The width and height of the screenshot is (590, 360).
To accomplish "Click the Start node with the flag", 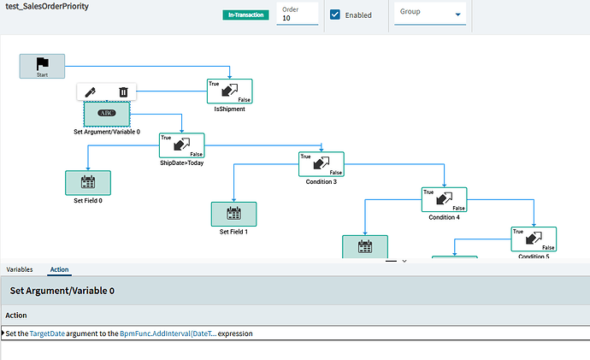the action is click(x=42, y=66).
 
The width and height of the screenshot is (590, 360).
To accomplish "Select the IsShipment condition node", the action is click(x=229, y=91).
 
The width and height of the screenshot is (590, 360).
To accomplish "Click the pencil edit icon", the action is click(x=91, y=92).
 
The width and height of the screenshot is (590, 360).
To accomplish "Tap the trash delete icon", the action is click(x=123, y=92).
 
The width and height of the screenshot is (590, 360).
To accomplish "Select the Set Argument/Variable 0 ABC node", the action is click(x=107, y=114).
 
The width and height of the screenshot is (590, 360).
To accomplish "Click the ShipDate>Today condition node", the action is click(x=182, y=145).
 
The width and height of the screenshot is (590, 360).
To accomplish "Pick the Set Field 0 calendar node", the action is click(x=88, y=183).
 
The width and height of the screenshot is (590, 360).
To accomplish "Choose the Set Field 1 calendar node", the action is click(x=233, y=214).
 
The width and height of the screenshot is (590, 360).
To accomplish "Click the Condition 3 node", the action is click(x=322, y=164).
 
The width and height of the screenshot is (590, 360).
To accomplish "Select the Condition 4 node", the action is click(x=444, y=200).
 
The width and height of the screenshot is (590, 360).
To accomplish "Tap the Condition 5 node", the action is click(x=534, y=239).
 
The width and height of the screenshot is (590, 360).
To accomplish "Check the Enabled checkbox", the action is click(x=335, y=15).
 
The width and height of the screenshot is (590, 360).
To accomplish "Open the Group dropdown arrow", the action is click(x=458, y=15).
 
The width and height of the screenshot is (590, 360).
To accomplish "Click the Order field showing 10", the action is click(x=298, y=14).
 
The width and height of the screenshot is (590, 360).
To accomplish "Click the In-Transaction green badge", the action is click(x=245, y=15).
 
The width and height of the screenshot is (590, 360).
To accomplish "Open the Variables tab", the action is click(x=20, y=269).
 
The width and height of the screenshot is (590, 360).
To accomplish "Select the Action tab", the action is click(x=60, y=269).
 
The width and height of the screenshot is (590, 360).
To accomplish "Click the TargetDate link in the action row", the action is click(x=47, y=333).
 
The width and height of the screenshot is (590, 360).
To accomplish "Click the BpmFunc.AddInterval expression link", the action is click(x=168, y=333).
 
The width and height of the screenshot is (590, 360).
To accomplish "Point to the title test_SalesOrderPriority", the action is click(x=47, y=6).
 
